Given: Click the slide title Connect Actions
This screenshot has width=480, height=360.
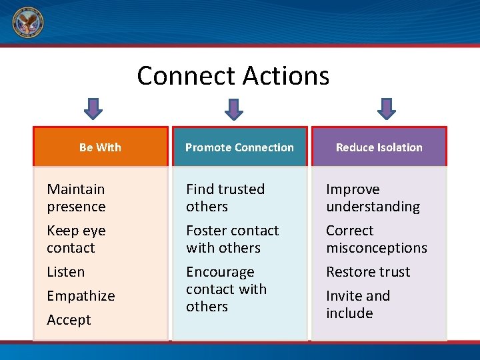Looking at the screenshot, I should point(233,76).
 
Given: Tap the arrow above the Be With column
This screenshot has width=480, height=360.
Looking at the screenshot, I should point(94,109).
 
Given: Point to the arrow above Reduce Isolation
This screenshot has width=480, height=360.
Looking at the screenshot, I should point(387,109).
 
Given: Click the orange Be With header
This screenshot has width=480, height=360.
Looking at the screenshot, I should point(100,147).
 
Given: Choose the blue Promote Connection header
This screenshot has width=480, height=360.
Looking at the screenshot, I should point(239,147).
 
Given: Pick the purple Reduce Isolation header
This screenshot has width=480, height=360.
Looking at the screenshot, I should point(379,147).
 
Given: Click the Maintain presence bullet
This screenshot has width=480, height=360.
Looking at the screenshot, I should point(76,198).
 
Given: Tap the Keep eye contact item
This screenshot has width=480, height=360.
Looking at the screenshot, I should point(76,239).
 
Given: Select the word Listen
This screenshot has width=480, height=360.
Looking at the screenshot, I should point(65,272).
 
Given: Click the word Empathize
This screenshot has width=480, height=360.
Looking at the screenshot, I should point(81,296).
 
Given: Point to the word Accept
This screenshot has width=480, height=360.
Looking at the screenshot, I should point(69,320).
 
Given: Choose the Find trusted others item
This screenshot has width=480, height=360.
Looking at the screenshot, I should point(225,198).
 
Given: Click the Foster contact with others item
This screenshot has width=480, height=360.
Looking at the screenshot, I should point(232,239).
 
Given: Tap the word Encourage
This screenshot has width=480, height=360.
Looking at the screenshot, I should point(220,273).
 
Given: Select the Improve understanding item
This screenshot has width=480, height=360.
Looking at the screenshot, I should point(373,198).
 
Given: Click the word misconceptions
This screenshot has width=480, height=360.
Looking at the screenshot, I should point(376,248).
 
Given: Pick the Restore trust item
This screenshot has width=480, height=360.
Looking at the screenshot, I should point(368,272).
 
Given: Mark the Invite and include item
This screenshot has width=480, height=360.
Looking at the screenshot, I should point(358,305).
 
